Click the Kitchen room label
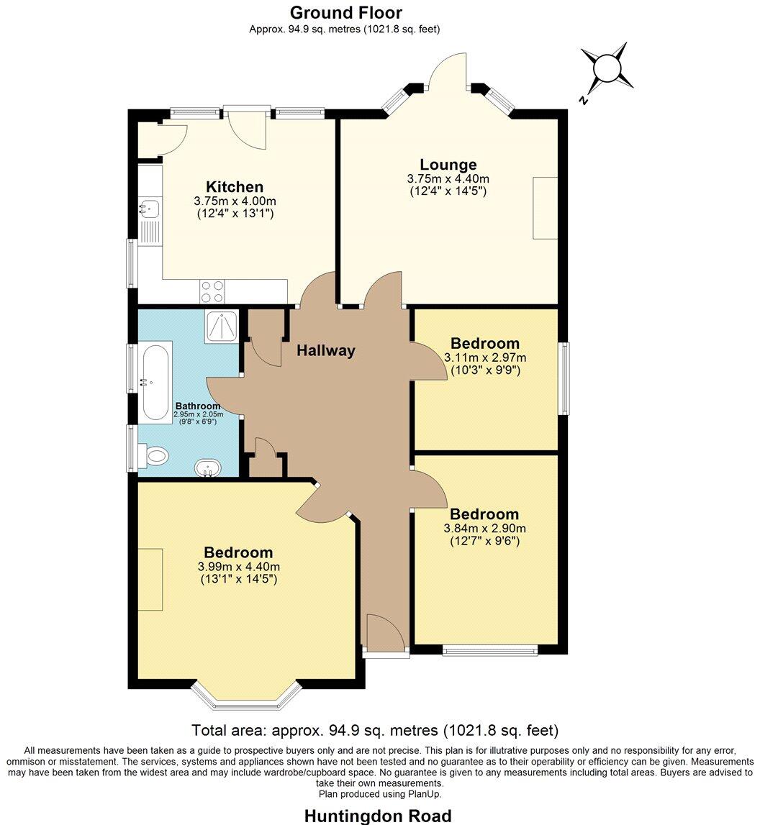234,187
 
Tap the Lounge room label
448,165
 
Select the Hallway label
326,351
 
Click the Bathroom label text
198,406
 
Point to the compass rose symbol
607,69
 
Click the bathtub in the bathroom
156,382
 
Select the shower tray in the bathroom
221,327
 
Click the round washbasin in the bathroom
209,469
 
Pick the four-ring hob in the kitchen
212,291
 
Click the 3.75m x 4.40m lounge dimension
448,179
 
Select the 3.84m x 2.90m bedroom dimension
484,528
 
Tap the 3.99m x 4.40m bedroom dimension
238,567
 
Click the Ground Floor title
345,12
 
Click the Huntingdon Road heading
378,816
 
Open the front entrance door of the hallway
385,633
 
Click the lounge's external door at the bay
448,72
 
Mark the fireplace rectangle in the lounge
545,208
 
